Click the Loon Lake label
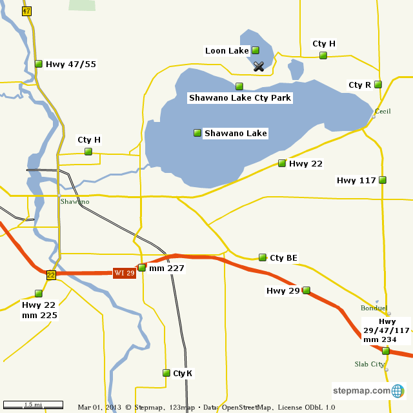(x=227, y=51)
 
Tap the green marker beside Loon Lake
(x=256, y=50)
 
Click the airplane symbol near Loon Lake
(x=259, y=66)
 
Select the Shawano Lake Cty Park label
(x=240, y=98)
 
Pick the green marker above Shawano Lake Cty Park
(x=239, y=86)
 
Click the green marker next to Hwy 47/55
(x=39, y=64)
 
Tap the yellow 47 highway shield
(x=26, y=11)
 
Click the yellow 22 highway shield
(x=51, y=275)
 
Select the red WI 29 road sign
(x=125, y=273)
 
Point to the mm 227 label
(x=166, y=268)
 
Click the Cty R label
(x=359, y=85)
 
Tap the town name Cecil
(x=383, y=112)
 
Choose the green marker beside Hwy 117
(x=383, y=180)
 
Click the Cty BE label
(x=283, y=258)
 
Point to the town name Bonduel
(x=374, y=308)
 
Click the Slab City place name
(x=369, y=365)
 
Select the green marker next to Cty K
(x=166, y=373)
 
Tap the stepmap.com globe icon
(x=398, y=390)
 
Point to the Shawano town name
(x=75, y=202)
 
